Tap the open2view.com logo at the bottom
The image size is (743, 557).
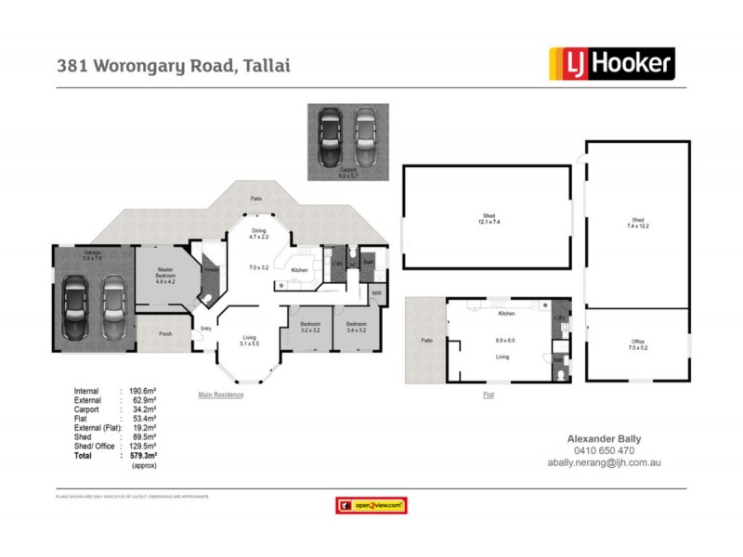(x=370, y=505)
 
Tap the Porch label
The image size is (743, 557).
(x=165, y=334)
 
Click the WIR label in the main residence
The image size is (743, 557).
(x=376, y=293)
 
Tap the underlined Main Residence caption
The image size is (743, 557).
(x=221, y=395)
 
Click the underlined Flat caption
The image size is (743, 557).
(x=488, y=395)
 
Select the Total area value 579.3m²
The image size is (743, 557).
(x=143, y=457)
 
